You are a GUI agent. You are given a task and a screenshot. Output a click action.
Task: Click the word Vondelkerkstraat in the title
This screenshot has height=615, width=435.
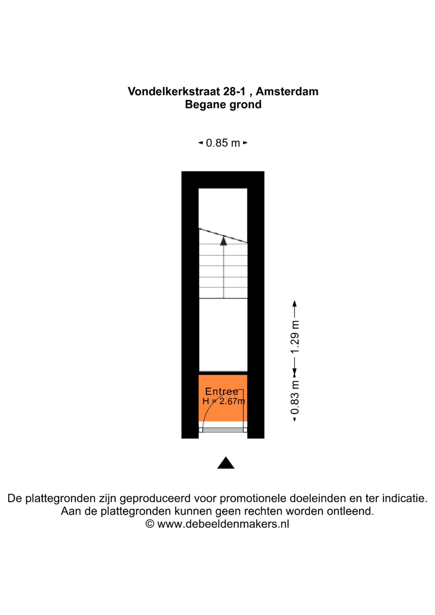(174, 91)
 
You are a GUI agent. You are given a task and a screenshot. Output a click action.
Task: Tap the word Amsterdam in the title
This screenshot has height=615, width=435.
(287, 91)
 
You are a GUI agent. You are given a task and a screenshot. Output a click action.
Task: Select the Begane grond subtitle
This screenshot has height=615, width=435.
(223, 105)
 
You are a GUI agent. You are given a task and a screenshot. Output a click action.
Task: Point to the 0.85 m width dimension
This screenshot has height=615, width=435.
(223, 143)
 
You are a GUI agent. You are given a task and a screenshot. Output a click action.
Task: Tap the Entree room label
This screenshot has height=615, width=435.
(222, 391)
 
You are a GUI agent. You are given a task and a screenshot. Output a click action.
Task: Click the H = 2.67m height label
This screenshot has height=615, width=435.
(224, 401)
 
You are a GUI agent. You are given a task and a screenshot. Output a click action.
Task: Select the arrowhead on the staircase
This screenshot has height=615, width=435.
(224, 241)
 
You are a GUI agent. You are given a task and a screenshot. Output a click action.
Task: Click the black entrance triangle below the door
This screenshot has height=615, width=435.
(226, 463)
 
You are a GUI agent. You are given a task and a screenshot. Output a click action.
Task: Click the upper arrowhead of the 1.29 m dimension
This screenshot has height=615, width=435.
(294, 303)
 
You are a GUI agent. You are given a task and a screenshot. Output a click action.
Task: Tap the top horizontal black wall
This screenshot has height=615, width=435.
(223, 180)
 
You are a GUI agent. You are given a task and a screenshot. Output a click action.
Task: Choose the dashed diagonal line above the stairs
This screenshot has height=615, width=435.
(223, 236)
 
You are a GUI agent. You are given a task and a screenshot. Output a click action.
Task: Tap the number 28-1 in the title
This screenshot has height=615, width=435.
(234, 91)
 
